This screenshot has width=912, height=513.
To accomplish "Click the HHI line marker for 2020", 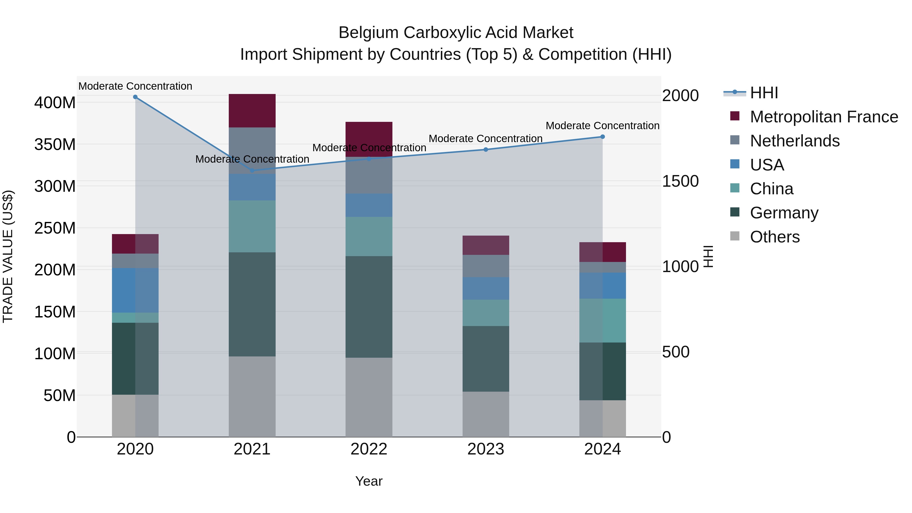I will tap(135, 97).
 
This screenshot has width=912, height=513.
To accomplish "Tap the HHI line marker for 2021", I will tap(252, 170).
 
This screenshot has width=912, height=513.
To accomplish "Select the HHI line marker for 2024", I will tap(603, 137).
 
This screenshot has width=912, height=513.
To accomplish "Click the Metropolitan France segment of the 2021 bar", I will tap(252, 110).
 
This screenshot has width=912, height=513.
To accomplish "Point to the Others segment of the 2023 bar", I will tap(486, 414).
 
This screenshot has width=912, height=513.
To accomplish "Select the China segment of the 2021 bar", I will tap(252, 226).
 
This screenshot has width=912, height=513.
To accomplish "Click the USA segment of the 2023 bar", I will tap(486, 288).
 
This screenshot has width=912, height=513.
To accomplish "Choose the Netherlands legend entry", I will tap(795, 141).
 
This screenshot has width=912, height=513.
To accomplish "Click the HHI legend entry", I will tap(764, 93).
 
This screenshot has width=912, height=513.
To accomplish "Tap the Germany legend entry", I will tap(784, 213).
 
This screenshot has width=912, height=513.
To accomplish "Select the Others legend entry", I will tap(775, 237).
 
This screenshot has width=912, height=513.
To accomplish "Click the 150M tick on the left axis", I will tap(55, 312).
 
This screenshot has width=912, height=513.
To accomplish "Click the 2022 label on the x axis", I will tap(369, 449).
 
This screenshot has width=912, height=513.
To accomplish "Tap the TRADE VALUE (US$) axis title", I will tap(8, 256).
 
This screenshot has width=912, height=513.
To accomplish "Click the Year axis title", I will tap(369, 481).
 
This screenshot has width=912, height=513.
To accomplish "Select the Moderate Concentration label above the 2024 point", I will tap(603, 126).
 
